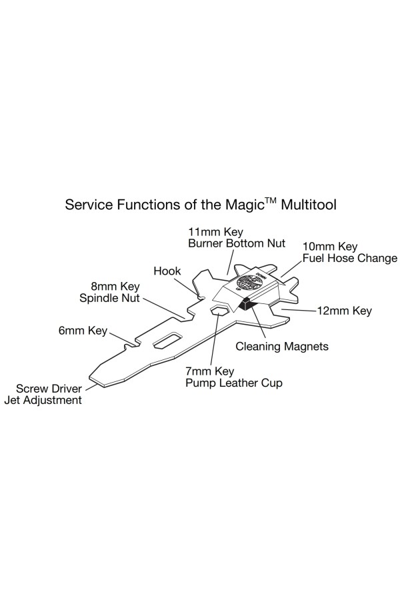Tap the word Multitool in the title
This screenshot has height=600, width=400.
pyautogui.click(x=308, y=204)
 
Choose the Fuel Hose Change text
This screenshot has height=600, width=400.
pyautogui.click(x=349, y=258)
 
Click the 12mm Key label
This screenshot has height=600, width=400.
pyautogui.click(x=343, y=311)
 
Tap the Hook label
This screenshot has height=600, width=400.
pyautogui.click(x=167, y=271)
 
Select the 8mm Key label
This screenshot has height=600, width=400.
pyautogui.click(x=115, y=287)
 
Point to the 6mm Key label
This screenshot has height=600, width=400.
pyautogui.click(x=83, y=330)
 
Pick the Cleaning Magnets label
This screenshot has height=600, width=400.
pyautogui.click(x=283, y=347)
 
